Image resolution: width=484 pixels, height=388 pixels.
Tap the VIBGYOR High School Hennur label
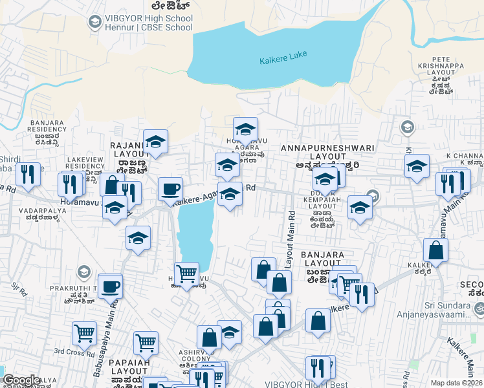[149, 23]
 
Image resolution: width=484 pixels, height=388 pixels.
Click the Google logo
[21, 380]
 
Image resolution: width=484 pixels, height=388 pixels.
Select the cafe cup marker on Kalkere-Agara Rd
[170, 189]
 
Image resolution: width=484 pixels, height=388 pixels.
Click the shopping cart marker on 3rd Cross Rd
[84, 333]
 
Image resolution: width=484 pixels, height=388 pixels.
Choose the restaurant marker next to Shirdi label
[28, 174]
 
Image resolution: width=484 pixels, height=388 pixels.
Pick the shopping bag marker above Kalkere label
[436, 250]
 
